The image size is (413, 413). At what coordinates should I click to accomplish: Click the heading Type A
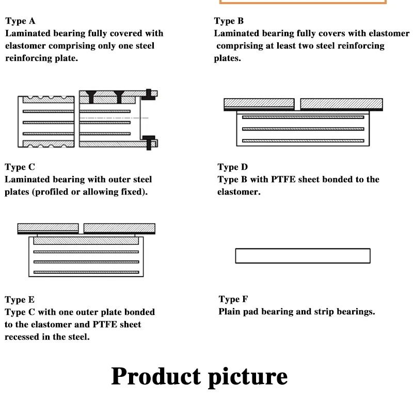(20, 21)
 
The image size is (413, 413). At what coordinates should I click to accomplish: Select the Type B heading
(229, 21)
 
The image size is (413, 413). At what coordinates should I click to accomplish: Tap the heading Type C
(20, 167)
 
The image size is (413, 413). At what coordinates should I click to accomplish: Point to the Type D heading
(233, 167)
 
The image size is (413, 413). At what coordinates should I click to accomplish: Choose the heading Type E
(20, 300)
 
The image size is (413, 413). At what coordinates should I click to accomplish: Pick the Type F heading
(233, 299)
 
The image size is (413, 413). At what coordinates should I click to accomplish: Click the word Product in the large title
(156, 376)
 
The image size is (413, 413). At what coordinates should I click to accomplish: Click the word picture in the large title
(248, 377)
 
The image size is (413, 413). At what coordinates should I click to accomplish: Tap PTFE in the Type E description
(105, 325)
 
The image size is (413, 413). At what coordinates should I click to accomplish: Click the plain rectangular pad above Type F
(303, 256)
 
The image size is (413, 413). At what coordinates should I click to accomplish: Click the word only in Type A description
(107, 46)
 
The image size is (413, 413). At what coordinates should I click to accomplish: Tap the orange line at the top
(303, 3)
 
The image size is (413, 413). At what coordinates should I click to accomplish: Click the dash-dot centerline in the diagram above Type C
(114, 118)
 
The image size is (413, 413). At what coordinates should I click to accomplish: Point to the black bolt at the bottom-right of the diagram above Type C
(149, 142)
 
